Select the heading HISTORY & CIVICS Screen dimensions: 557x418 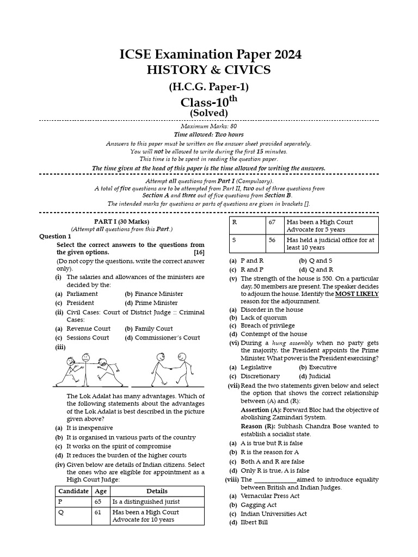point(208,70)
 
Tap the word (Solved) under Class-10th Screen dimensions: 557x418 point(208,113)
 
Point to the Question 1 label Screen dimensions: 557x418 point(55,237)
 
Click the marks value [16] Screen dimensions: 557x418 point(199,252)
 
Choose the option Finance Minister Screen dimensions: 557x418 point(159,294)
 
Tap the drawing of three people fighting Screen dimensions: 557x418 point(87,370)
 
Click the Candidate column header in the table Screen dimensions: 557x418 point(73,491)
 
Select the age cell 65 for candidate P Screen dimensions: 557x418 point(98,502)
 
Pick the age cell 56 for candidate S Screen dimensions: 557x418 point(272,240)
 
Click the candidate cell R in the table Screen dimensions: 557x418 point(235,222)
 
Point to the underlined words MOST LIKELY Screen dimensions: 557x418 point(356,294)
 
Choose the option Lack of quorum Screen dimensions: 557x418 point(263,318)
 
